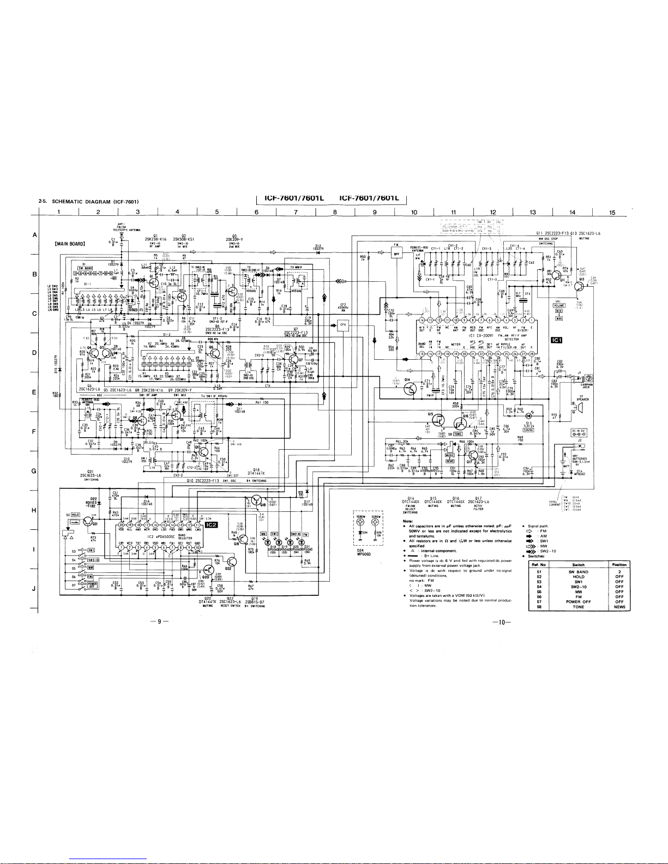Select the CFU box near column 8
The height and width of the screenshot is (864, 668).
[x=343, y=325]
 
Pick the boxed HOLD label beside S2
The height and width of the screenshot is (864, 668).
[x=75, y=514]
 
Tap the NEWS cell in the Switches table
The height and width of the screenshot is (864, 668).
[x=619, y=607]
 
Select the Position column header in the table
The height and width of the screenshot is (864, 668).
[x=619, y=564]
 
